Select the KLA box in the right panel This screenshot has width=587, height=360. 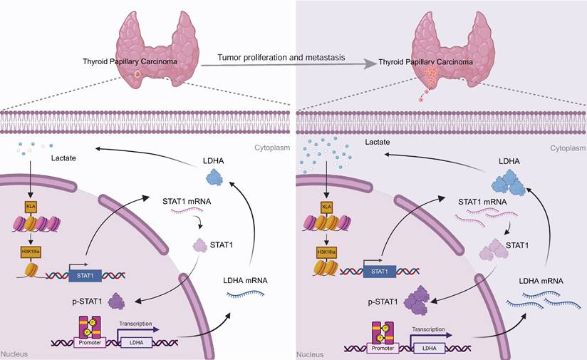[327, 207]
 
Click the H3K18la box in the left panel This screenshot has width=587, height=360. [30, 251]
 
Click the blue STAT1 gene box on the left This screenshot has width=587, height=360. [84, 272]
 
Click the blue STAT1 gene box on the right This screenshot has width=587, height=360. [381, 272]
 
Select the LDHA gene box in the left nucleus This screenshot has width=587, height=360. [135, 342]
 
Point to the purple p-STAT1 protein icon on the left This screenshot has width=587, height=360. [117, 304]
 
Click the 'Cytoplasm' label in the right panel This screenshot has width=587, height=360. [568, 148]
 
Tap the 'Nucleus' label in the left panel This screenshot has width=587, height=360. [14, 354]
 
